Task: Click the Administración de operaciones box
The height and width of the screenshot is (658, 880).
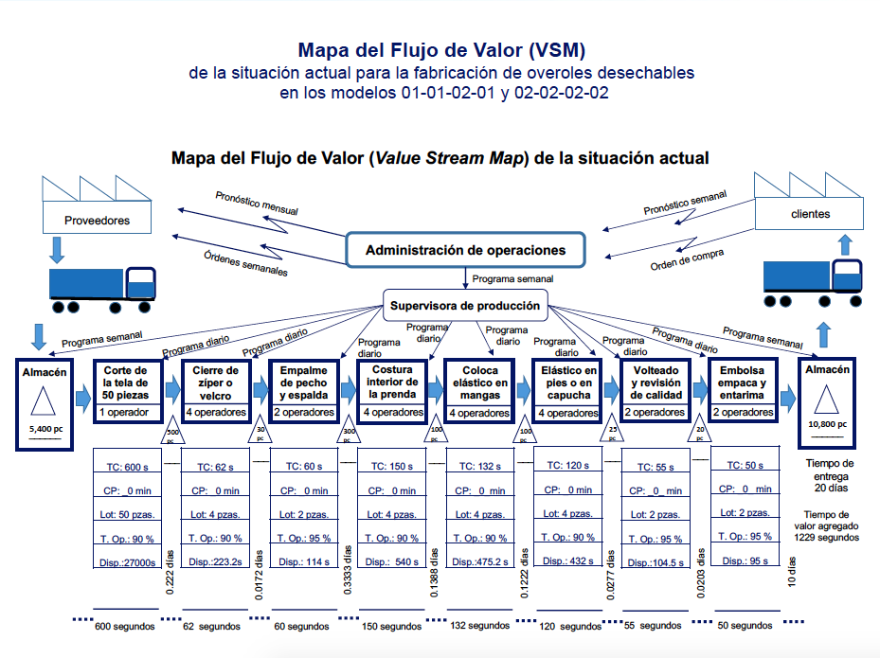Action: point(465,251)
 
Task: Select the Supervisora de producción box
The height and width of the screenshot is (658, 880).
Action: point(465,306)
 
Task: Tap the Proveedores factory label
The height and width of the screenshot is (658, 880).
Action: point(97,221)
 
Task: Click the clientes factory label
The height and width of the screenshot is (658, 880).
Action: point(809,214)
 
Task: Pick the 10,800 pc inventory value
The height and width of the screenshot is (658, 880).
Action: point(826,425)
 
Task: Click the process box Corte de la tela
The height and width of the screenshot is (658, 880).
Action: point(126,382)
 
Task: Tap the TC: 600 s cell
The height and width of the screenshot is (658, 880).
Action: point(126,467)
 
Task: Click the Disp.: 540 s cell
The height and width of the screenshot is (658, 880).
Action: point(390,561)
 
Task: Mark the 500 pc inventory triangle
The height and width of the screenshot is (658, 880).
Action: point(172,435)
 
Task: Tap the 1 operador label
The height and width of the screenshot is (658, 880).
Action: point(126,413)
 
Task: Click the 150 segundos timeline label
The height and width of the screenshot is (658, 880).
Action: point(390,626)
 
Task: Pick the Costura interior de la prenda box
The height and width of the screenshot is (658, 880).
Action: point(390,382)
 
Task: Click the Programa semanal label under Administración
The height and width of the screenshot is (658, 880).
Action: point(512,279)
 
